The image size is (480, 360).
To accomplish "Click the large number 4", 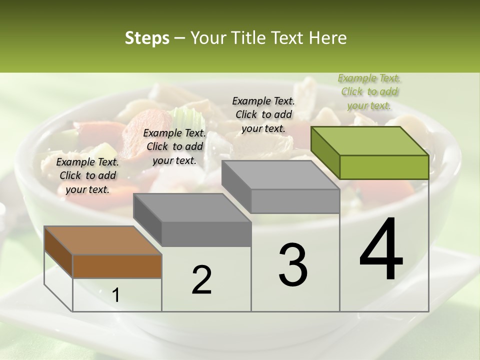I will click(381, 250).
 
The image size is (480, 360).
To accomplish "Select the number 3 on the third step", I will click(293, 265).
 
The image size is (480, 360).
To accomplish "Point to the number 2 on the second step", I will click(201, 280).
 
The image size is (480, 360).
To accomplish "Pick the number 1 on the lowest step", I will click(115, 295).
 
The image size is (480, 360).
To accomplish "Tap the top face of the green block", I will click(370, 140).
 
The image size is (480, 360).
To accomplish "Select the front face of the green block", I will click(384, 167).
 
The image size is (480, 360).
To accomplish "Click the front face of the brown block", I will click(117, 266).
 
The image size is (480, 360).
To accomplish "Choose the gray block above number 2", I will click(192, 220).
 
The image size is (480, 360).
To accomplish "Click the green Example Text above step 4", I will click(369, 91).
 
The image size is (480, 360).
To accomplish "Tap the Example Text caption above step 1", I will click(87, 175).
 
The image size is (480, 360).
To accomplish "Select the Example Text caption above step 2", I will click(174, 146).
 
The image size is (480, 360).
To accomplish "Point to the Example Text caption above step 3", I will click(263, 114).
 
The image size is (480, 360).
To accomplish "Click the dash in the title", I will click(180, 38).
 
